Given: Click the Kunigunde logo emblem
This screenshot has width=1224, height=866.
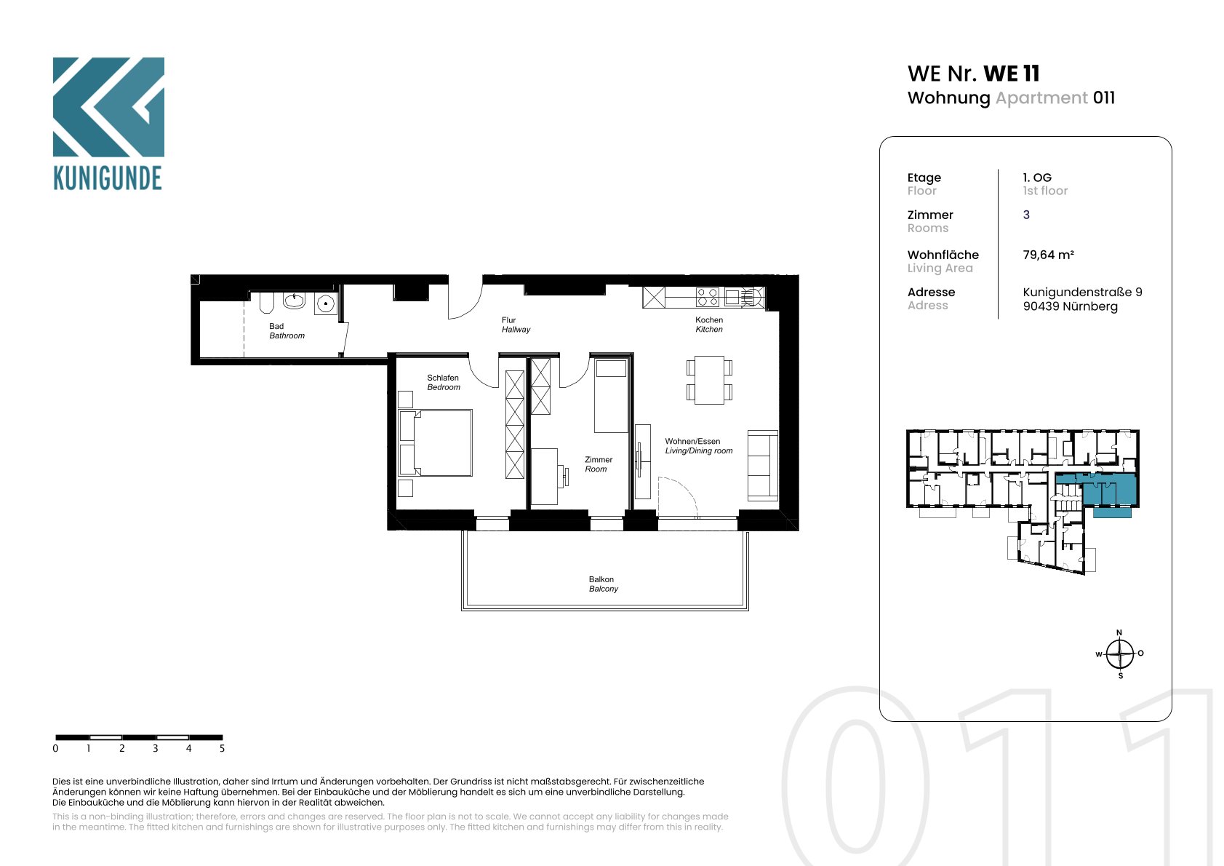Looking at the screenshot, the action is (108, 107).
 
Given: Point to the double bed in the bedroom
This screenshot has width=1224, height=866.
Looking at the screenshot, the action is (436, 443).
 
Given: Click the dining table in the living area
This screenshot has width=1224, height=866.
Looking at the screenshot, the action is (709, 380).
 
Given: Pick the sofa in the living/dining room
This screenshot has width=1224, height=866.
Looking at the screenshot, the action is (762, 466).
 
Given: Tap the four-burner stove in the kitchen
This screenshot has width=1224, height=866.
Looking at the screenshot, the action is (707, 298).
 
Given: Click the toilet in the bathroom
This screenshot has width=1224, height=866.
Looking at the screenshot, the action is (266, 302).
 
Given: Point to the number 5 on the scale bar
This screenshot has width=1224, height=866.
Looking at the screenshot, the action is (222, 748).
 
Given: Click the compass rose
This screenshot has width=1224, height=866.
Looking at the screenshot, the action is (1119, 654).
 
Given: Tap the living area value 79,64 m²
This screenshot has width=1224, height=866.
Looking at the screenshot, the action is (1048, 255).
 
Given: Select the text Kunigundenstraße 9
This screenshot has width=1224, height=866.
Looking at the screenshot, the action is (1082, 292).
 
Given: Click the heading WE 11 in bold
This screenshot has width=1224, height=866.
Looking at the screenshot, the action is (1012, 74).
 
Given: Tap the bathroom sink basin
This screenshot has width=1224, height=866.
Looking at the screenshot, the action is (294, 300).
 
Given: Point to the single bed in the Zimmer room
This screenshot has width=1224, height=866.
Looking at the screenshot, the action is (611, 395).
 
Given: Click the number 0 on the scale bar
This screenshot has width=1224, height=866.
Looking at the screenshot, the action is (55, 748).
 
